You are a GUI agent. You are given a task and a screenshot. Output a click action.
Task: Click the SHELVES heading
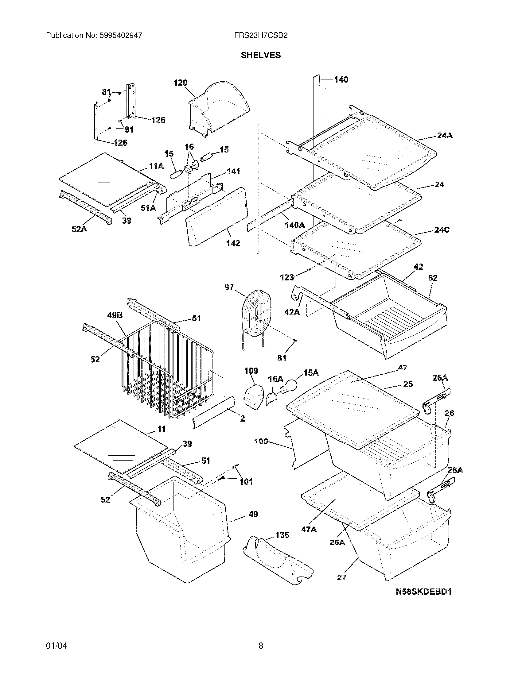point(261,55)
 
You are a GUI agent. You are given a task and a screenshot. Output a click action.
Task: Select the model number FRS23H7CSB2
point(261,35)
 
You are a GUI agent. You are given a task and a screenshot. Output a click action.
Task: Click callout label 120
point(181,83)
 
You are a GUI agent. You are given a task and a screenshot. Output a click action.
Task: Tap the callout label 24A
point(445,135)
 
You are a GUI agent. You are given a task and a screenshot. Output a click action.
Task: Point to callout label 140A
point(294,225)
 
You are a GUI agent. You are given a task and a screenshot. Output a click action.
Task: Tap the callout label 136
point(282,535)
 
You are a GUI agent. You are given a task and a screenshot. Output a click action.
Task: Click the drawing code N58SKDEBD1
point(424,592)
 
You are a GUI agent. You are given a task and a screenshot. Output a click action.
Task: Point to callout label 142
point(233,243)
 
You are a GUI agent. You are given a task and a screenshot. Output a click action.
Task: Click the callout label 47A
point(309,530)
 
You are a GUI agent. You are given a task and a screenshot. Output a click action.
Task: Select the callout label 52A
point(80,229)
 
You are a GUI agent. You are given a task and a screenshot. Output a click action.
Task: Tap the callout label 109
point(251,371)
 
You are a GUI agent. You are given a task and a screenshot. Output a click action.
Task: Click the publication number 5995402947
point(121,35)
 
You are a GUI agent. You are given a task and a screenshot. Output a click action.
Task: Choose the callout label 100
point(261,441)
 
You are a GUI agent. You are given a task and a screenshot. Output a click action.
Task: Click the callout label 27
point(341,577)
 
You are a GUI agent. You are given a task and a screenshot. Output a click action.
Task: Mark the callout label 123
point(287,277)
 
